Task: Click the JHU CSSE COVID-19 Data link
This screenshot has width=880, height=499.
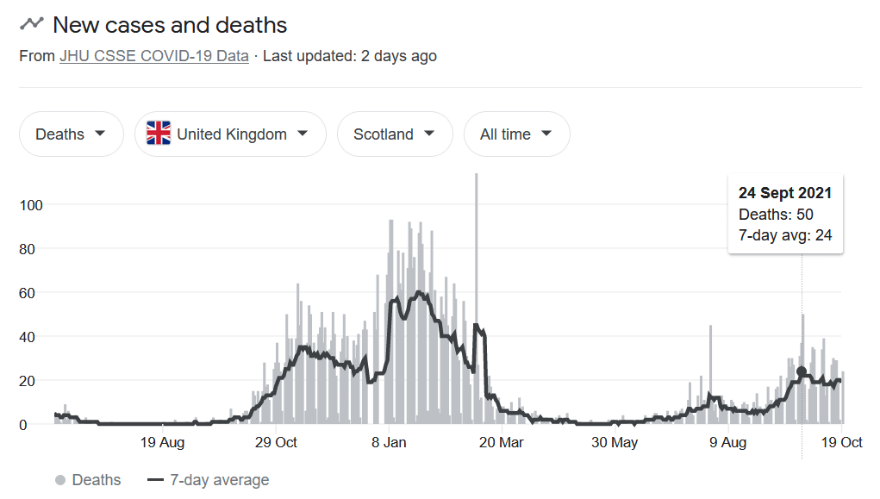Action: pyautogui.click(x=153, y=56)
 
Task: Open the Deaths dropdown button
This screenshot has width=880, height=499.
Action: pyautogui.click(x=71, y=134)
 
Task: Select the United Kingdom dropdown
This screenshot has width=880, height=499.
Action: pyautogui.click(x=230, y=134)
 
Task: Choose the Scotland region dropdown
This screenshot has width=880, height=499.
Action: pyautogui.click(x=394, y=134)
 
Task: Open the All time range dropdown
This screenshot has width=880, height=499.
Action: pyautogui.click(x=516, y=134)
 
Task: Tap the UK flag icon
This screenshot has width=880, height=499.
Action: pyautogui.click(x=159, y=134)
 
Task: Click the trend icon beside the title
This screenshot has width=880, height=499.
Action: pyautogui.click(x=32, y=24)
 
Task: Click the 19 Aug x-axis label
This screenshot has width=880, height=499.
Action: pyautogui.click(x=161, y=443)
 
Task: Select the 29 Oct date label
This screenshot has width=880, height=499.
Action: pyautogui.click(x=275, y=443)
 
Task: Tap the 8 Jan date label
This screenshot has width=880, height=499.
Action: pyautogui.click(x=389, y=443)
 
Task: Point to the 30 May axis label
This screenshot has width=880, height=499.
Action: pyautogui.click(x=614, y=443)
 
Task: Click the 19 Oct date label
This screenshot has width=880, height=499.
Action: pyautogui.click(x=840, y=443)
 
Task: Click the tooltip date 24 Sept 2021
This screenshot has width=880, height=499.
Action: pyautogui.click(x=784, y=193)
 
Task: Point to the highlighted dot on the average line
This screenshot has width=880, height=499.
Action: pyautogui.click(x=802, y=371)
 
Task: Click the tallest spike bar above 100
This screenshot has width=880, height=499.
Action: pyautogui.click(x=476, y=259)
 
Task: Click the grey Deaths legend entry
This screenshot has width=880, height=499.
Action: pyautogui.click(x=88, y=480)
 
